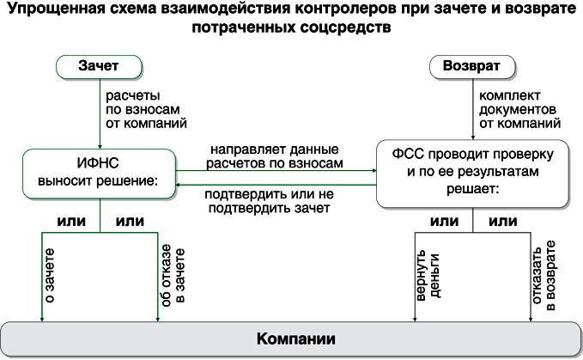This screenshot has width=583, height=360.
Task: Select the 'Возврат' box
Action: pyautogui.click(x=471, y=66)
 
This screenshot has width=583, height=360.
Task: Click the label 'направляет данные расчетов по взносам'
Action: pyautogui.click(x=276, y=156)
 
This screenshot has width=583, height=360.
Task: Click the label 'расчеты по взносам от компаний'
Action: pyautogui.click(x=145, y=108)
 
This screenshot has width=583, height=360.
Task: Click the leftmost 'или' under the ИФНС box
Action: pyautogui.click(x=71, y=222)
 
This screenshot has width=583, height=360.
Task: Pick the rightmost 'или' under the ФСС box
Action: pyautogui.click(x=502, y=222)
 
